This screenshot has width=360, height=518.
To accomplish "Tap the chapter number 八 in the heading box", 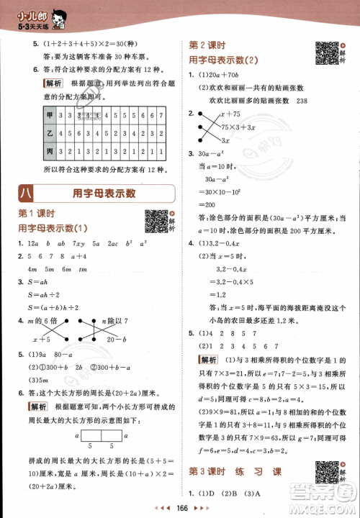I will (x=27, y=194).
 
